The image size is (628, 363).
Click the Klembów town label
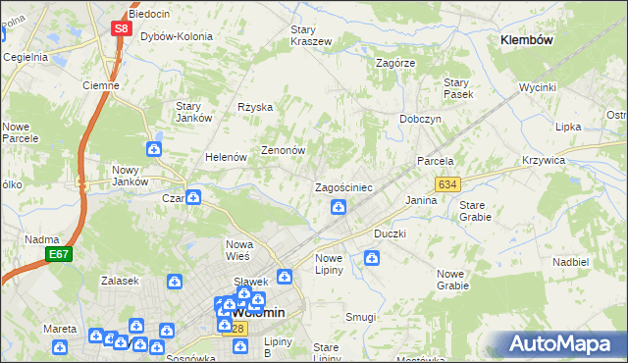pyautogui.click(x=527, y=40)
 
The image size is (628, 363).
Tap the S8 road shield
pyautogui.click(x=121, y=28)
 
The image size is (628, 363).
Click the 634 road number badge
pyautogui.click(x=447, y=184)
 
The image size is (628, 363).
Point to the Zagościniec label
pyautogui.click(x=342, y=187)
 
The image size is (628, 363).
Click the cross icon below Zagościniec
pyautogui.click(x=338, y=206)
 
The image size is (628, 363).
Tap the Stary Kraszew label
pyautogui.click(x=310, y=35)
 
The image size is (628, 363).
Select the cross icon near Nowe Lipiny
pyautogui.click(x=372, y=258)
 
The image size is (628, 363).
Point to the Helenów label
pyautogui.click(x=224, y=157)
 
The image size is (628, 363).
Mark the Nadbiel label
pyautogui.click(x=569, y=263)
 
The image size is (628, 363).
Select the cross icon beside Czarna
pyautogui.click(x=194, y=197)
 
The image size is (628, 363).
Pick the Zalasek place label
pyautogui.click(x=119, y=281)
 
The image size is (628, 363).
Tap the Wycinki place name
pyautogui.click(x=538, y=87)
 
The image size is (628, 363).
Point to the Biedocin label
pyautogui.click(x=150, y=14)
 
